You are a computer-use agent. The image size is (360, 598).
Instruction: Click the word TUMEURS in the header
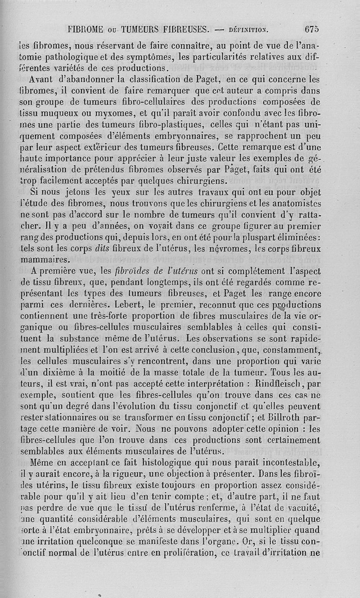[143, 30]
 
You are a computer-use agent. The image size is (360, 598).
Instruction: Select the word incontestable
[287, 461]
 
